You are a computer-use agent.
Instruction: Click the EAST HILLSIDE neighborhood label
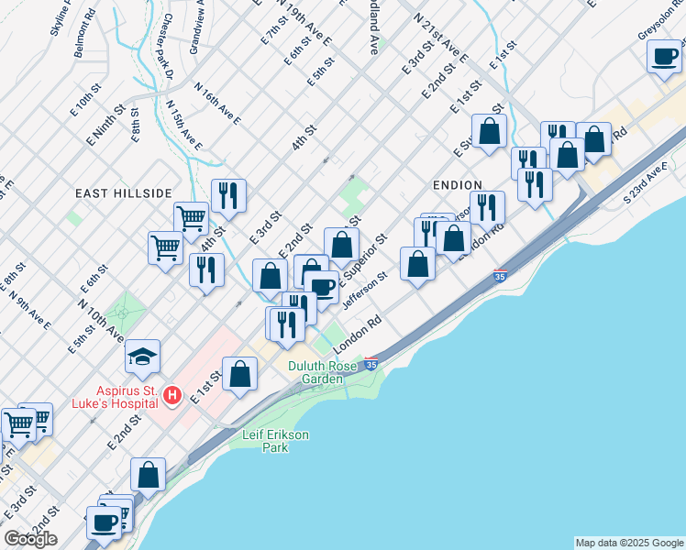coord(124,193)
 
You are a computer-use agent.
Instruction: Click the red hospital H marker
coord(171,396)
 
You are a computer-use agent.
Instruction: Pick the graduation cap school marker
coord(142,356)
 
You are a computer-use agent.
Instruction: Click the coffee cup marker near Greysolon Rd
coord(663,57)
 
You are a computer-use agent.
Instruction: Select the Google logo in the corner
coord(30,538)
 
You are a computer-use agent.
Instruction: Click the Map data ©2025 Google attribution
coord(628,543)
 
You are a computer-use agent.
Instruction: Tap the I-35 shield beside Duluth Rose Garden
coord(371,364)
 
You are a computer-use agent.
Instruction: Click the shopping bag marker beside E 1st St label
coord(239,373)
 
